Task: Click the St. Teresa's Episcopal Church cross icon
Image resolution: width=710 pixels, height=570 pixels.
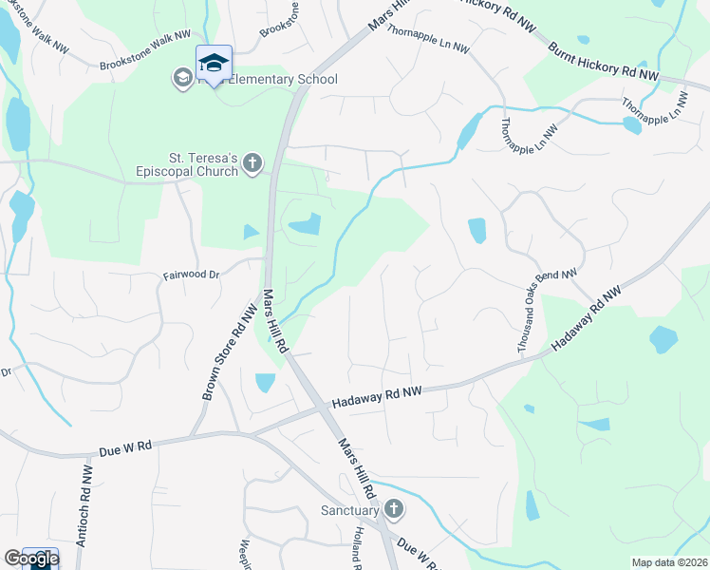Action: coord(252,163)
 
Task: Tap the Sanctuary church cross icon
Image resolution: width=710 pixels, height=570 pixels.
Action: coord(394,510)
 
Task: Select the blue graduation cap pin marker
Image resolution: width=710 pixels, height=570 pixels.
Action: coord(214,63)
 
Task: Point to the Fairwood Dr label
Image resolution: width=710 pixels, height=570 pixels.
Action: coord(191,275)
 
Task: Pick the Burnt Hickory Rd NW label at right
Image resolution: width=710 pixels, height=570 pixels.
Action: coord(603,59)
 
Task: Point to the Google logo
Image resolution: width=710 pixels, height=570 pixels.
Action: coord(30,559)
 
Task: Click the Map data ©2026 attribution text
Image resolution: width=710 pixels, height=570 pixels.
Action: coord(668,562)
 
